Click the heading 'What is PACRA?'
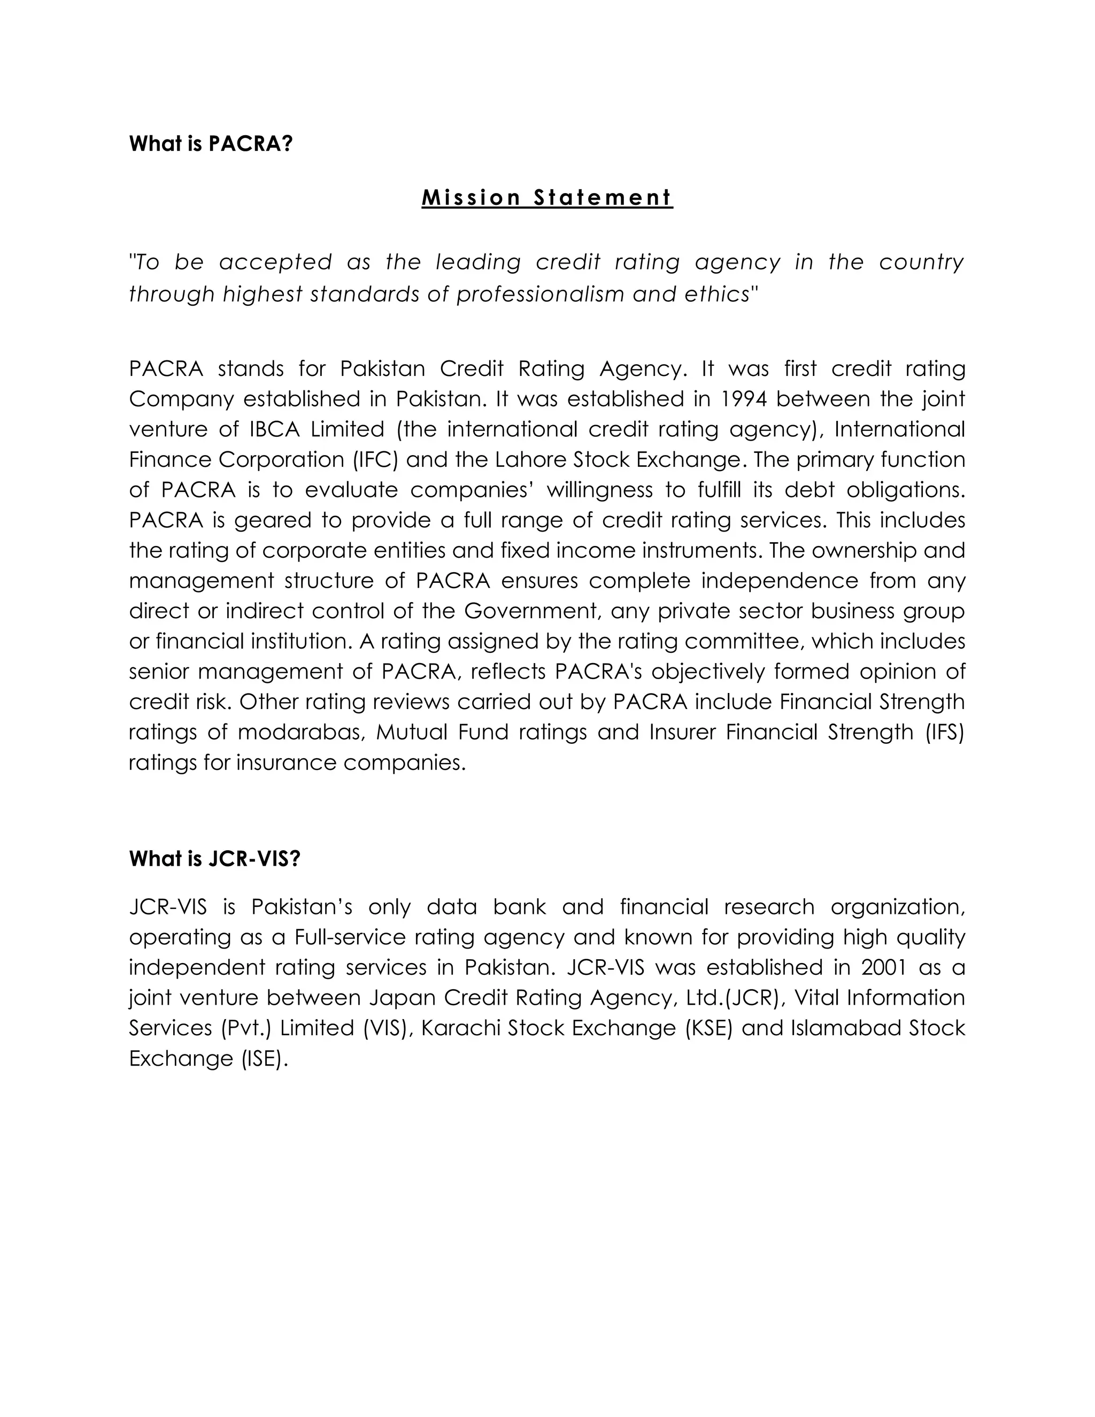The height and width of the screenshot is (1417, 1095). [x=211, y=143]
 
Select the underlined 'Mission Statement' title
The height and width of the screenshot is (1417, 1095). [x=547, y=197]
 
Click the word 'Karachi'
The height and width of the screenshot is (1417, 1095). [x=460, y=1028]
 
